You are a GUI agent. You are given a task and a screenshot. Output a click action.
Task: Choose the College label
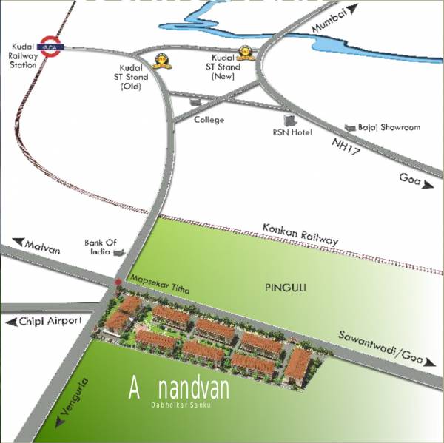209,119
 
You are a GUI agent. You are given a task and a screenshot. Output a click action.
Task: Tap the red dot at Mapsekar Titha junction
118,282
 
